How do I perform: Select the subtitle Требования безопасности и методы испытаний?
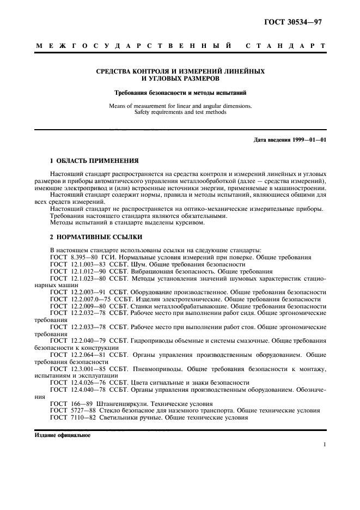(x=180, y=93)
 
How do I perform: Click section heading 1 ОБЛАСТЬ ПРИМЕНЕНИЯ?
(x=94, y=161)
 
